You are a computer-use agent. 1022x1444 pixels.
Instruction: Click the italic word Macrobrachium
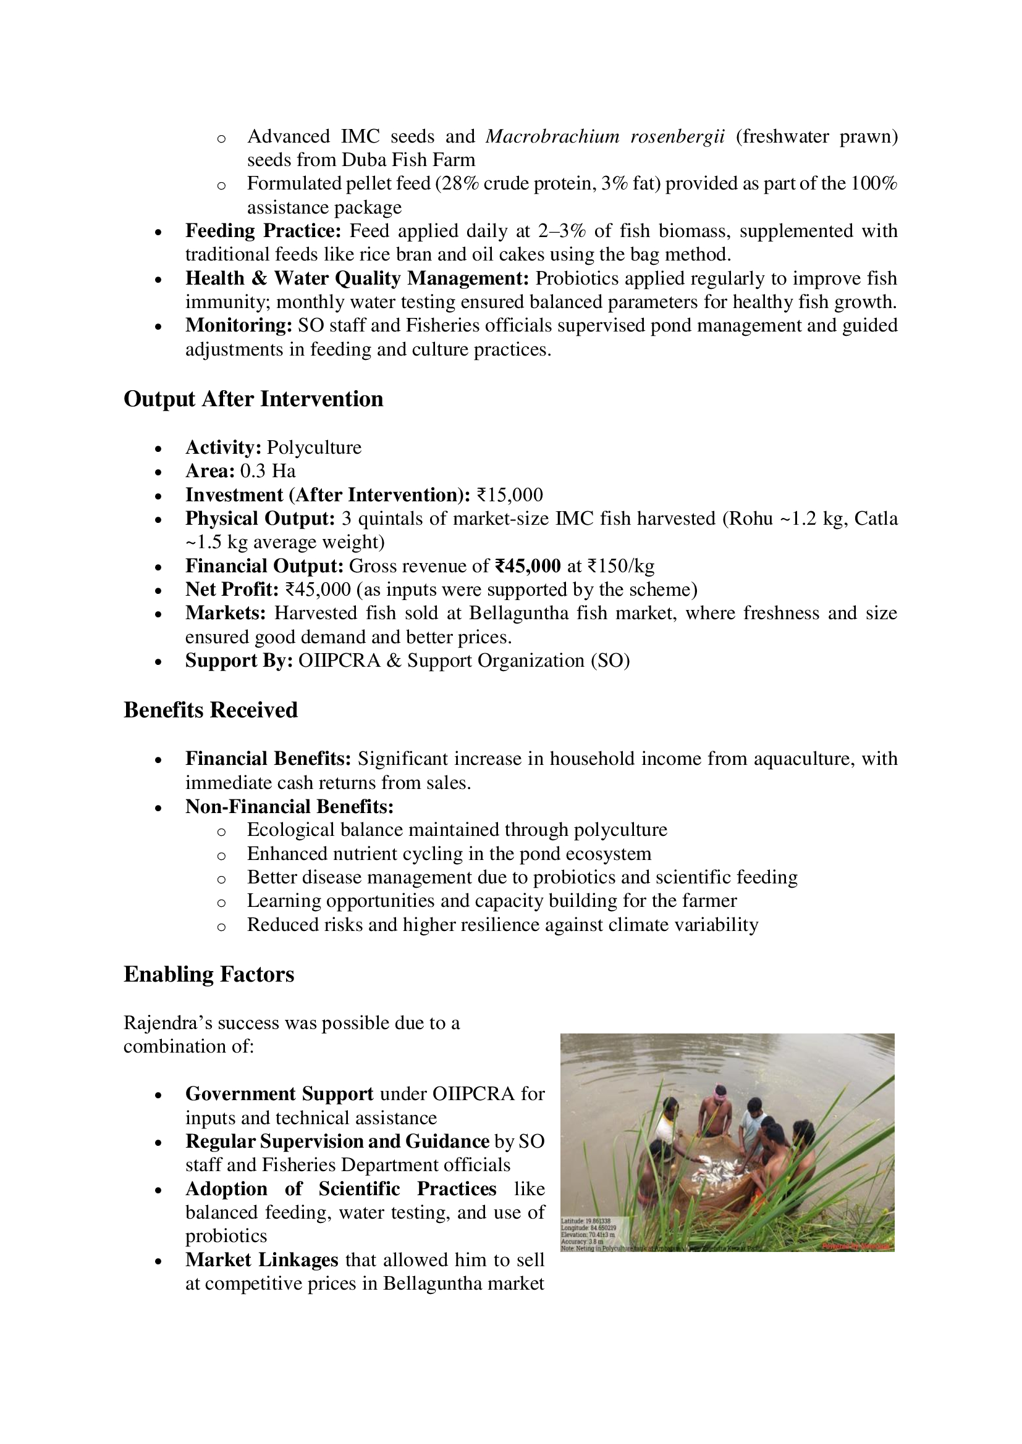tap(552, 136)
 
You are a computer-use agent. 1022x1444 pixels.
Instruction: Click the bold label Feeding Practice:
tap(263, 231)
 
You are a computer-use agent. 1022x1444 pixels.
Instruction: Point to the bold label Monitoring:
tap(239, 325)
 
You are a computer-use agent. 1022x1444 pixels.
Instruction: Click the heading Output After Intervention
tap(253, 399)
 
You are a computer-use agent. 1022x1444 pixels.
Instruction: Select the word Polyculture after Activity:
tap(314, 447)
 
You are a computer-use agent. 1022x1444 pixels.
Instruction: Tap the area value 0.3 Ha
tap(268, 471)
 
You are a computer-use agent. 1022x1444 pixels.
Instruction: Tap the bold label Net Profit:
tap(232, 590)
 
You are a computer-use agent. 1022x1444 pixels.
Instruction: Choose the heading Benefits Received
tap(210, 709)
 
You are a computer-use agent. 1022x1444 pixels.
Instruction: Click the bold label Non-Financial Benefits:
tap(289, 806)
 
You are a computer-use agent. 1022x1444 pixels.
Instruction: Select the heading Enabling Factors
tap(208, 974)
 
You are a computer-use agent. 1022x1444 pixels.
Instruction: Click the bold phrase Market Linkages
tap(261, 1260)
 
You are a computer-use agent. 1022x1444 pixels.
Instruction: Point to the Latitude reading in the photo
tap(586, 1221)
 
